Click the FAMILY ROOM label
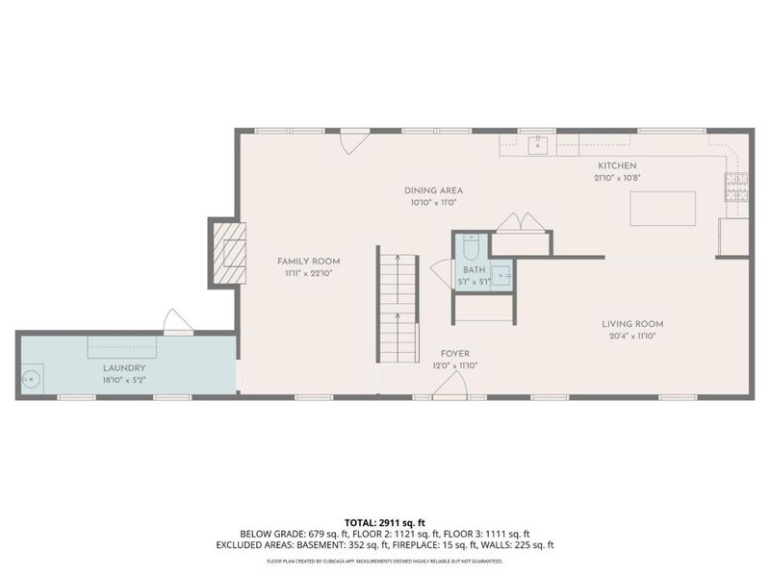tap(308, 262)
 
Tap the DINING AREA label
tap(432, 190)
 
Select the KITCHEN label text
tap(616, 165)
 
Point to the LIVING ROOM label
tap(632, 324)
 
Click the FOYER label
tap(455, 353)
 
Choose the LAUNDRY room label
tap(124, 368)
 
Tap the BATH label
tap(474, 270)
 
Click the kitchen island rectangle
tap(662, 209)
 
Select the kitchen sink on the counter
tap(539, 145)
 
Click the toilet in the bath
tap(471, 244)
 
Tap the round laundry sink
tap(32, 379)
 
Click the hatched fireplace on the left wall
tap(229, 252)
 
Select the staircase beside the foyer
tap(398, 308)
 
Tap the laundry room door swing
tap(176, 321)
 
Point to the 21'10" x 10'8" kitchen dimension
tap(616, 178)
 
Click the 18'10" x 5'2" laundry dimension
tap(124, 381)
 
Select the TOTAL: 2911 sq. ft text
tap(384, 522)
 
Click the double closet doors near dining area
tap(521, 222)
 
